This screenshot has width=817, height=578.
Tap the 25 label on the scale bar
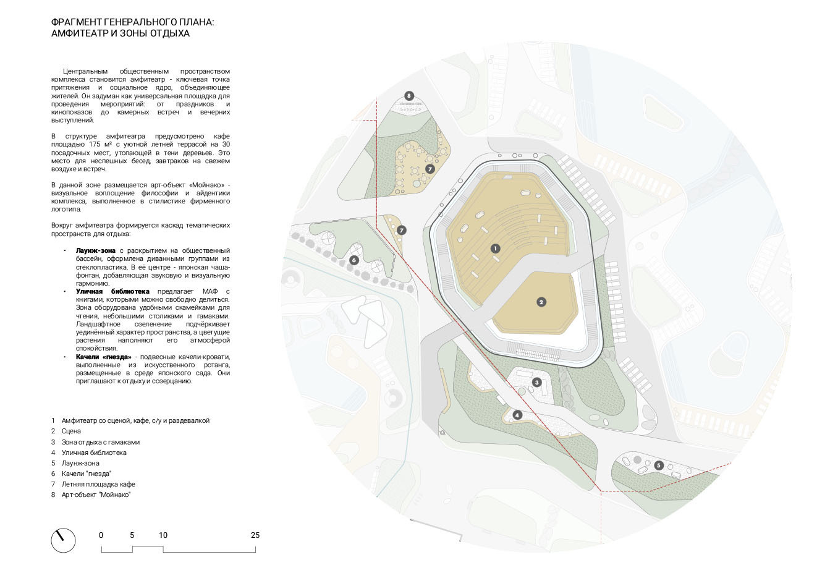pos(255,535)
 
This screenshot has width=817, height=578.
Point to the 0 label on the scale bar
pos(101,535)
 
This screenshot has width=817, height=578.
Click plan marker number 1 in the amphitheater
pos(494,248)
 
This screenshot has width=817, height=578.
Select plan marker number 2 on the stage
pos(541,302)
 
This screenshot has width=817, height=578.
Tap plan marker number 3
pos(537,382)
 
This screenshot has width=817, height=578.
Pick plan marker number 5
pos(659,465)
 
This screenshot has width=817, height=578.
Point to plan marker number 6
pos(354,260)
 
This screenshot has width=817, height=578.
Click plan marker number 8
pos(408,96)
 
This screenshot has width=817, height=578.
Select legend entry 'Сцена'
pos(71,431)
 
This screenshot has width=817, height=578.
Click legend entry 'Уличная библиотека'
pos(94,453)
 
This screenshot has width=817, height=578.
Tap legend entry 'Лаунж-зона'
pos(80,463)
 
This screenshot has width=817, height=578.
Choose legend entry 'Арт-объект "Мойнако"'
pos(96,495)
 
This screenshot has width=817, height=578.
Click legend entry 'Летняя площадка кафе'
pos(98,484)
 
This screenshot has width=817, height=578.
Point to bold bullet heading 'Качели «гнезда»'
pos(103,357)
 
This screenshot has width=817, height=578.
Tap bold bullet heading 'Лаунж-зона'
pos(96,250)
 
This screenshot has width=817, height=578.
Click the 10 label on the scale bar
pos(163,535)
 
